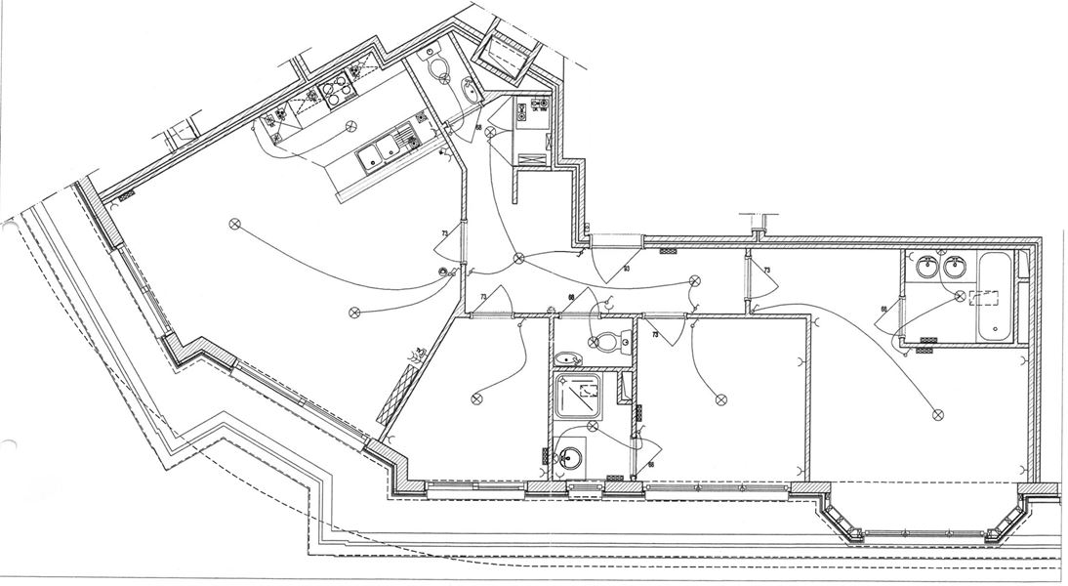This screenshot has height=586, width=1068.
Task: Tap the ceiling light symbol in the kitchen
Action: (349, 126)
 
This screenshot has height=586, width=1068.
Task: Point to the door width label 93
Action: (626, 268)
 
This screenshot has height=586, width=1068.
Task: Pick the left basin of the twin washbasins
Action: (926, 266)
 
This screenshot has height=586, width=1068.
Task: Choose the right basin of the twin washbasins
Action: (955, 266)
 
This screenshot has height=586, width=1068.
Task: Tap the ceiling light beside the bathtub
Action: (960, 294)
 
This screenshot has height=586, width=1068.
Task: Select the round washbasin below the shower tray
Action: (570, 456)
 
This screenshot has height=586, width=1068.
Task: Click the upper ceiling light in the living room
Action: (233, 224)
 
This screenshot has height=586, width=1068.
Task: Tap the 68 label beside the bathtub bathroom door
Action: (883, 310)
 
